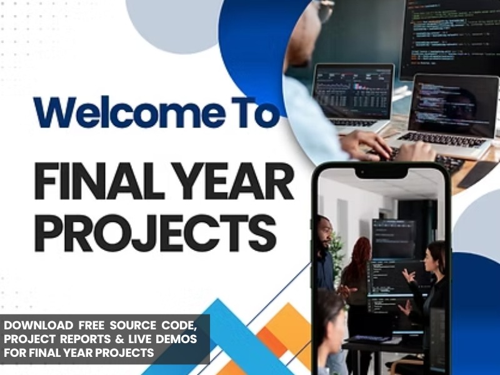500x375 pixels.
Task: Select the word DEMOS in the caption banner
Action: (x=176, y=339)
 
